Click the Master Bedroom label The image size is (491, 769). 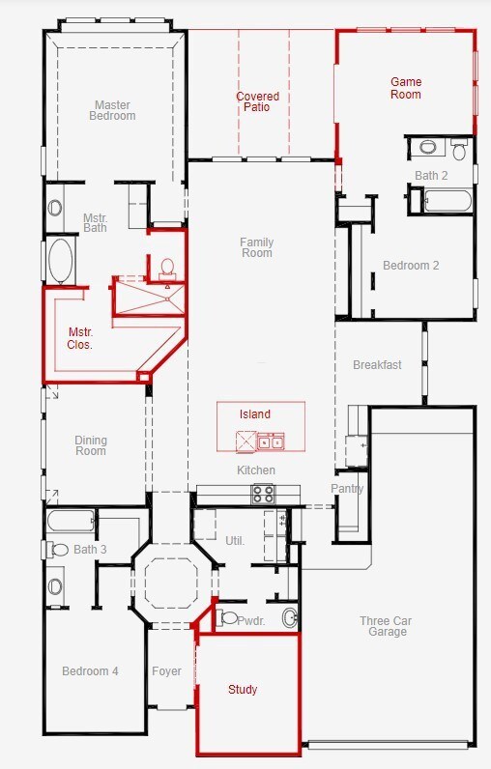click(112, 110)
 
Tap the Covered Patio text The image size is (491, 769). click(257, 101)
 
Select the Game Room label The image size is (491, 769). click(406, 88)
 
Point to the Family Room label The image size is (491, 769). click(256, 247)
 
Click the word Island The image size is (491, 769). click(255, 413)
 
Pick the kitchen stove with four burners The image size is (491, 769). click(264, 494)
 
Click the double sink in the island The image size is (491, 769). click(271, 441)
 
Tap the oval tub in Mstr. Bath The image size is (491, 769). click(61, 261)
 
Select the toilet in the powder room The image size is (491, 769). click(226, 617)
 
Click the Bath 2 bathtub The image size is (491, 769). click(448, 201)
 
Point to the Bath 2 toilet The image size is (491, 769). click(459, 149)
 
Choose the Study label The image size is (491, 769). click(243, 690)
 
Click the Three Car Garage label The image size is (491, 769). click(386, 626)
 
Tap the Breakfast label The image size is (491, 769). click(377, 365)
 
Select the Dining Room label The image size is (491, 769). click(91, 445)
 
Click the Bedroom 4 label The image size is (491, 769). click(90, 670)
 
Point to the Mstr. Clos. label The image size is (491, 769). click(80, 338)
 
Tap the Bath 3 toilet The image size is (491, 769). click(57, 550)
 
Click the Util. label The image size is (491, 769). click(235, 541)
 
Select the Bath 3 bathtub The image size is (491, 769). click(72, 521)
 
